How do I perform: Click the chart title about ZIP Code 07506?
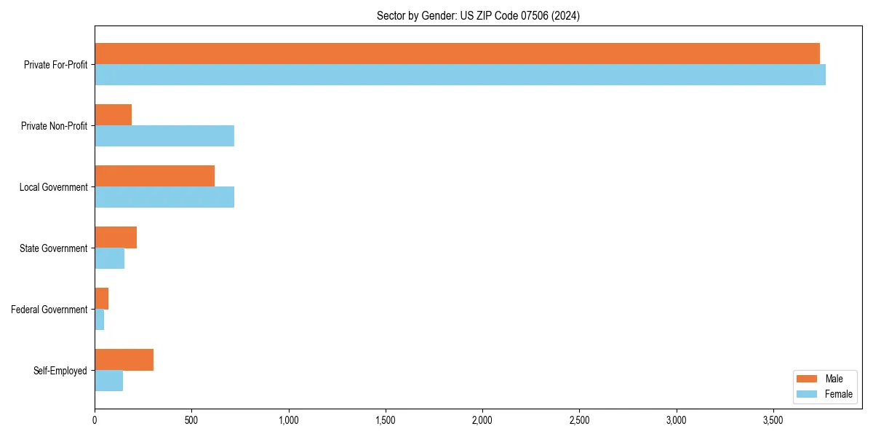pyautogui.click(x=478, y=15)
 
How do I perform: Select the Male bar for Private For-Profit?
pyautogui.click(x=457, y=54)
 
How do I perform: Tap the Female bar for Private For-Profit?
pyautogui.click(x=460, y=75)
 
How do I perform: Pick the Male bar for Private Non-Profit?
pyautogui.click(x=113, y=115)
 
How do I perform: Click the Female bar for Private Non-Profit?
pyautogui.click(x=164, y=136)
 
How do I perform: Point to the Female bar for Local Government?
pyautogui.click(x=164, y=197)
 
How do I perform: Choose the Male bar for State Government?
pyautogui.click(x=116, y=237)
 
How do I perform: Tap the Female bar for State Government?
pyautogui.click(x=109, y=259)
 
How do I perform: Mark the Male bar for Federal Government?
pyautogui.click(x=102, y=299)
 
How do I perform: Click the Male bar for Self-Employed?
pyautogui.click(x=124, y=360)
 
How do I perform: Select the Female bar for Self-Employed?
pyautogui.click(x=108, y=381)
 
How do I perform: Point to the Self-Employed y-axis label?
pyautogui.click(x=60, y=371)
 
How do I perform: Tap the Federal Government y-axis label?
pyautogui.click(x=49, y=310)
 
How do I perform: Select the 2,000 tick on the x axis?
pyautogui.click(x=482, y=420)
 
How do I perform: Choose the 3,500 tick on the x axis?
pyautogui.click(x=773, y=420)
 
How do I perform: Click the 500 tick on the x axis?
pyautogui.click(x=191, y=420)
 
